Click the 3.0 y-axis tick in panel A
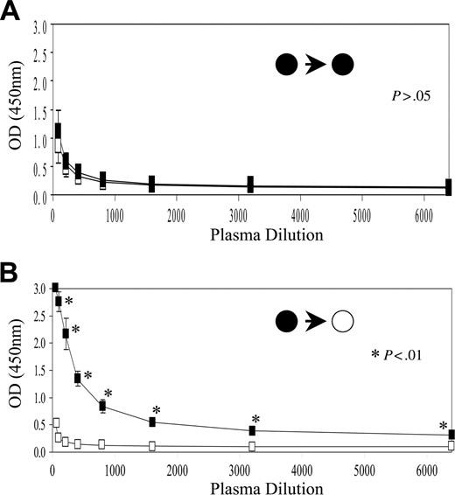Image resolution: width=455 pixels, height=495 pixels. [38, 29]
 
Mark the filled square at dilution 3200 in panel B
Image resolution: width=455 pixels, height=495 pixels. [252, 430]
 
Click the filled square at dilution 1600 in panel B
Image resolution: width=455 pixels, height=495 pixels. [152, 422]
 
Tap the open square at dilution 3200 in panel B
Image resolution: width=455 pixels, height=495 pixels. [252, 446]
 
